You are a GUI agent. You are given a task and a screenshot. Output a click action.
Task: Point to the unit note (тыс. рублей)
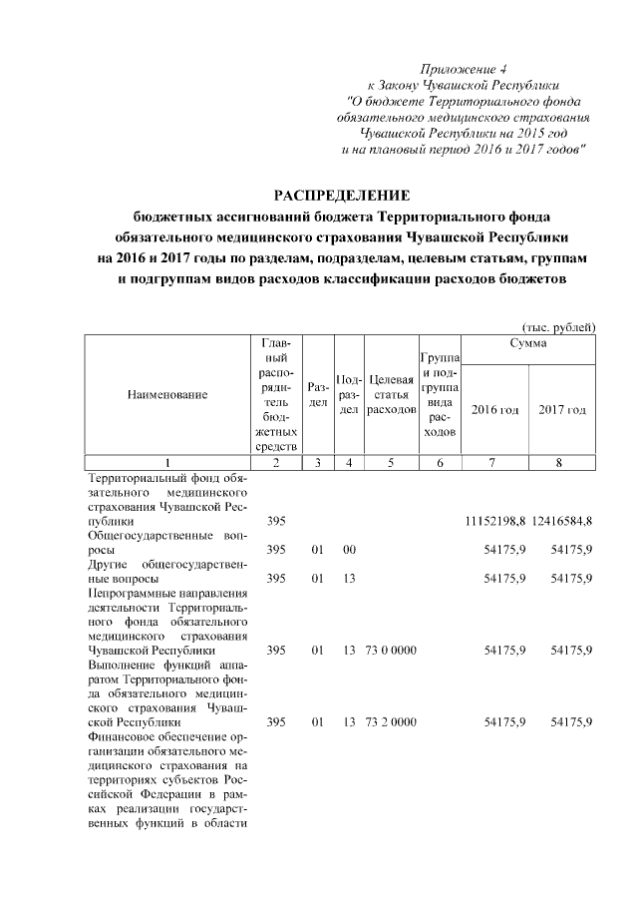[x=558, y=326]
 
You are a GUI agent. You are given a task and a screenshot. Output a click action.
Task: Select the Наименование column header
[x=167, y=394]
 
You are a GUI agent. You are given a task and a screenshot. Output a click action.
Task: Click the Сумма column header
[x=528, y=342]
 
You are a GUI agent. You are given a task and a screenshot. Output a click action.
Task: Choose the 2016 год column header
[x=495, y=409]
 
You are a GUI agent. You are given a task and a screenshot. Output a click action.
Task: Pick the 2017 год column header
[x=562, y=409]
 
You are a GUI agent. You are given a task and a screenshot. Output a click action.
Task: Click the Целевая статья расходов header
[x=391, y=394]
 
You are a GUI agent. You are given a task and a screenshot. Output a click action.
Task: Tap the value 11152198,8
[x=495, y=521]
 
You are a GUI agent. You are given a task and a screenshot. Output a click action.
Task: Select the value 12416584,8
[x=562, y=521]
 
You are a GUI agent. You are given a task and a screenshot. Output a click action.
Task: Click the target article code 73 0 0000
[x=391, y=650]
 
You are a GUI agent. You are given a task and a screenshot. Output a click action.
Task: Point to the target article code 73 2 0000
[x=391, y=721]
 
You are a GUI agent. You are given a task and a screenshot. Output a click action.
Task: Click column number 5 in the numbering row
[x=391, y=463]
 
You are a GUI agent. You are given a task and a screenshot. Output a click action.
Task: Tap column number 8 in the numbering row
[x=562, y=463]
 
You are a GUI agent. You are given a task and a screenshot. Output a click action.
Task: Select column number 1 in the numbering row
[x=167, y=463]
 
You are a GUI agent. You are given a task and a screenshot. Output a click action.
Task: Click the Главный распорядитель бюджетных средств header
[x=278, y=394]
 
